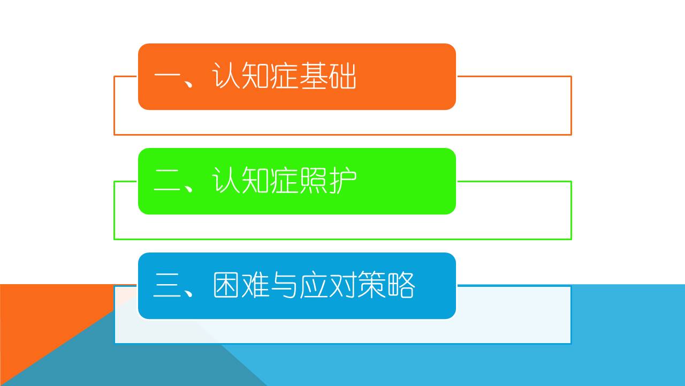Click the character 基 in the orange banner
point(314,76)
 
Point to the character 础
point(342,76)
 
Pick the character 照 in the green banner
point(314,180)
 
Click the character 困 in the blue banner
point(226,285)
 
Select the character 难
point(255,285)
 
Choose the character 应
point(313,285)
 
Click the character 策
point(371,285)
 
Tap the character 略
point(401,285)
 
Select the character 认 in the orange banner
point(226,76)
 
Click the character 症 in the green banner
point(284,180)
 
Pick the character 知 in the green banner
point(255,180)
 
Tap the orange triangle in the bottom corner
point(46,328)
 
